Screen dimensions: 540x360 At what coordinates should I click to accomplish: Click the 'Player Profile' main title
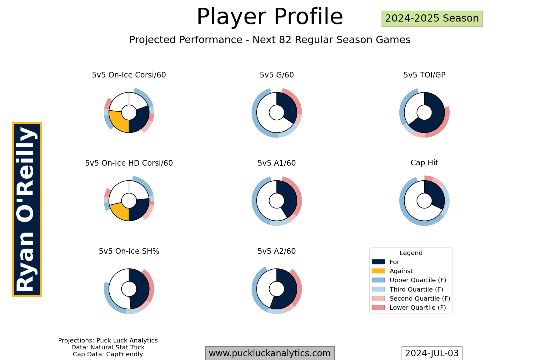(270, 17)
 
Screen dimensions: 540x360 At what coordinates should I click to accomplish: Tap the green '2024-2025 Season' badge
(432, 19)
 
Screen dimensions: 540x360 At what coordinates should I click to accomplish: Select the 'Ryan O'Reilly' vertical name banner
(27, 209)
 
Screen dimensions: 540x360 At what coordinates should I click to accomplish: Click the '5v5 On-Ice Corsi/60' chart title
(129, 75)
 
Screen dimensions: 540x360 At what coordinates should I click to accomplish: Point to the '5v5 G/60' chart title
(277, 75)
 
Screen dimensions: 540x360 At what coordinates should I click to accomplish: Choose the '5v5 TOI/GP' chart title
(424, 75)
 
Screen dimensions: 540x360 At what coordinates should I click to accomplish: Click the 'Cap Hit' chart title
(424, 163)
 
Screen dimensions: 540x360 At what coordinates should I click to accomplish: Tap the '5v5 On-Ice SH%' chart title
(129, 251)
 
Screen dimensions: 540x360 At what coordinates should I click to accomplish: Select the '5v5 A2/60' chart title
(277, 251)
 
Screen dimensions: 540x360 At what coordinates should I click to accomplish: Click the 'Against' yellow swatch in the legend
(378, 271)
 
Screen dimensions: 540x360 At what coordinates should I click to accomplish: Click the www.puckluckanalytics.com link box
(270, 353)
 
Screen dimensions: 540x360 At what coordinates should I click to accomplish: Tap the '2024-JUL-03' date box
(432, 353)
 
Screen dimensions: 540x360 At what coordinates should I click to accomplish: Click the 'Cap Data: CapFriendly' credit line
(108, 354)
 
